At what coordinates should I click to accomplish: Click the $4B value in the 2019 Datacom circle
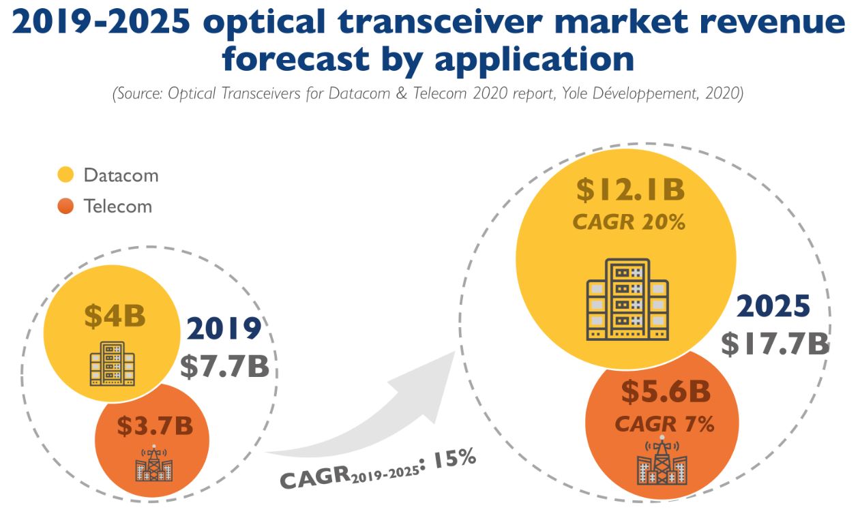115,316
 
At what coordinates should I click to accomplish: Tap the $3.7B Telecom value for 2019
155,426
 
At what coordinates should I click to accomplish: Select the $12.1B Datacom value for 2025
629,190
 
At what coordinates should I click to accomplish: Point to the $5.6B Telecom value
665,392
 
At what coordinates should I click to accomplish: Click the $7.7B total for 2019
225,366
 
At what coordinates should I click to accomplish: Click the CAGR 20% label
629,222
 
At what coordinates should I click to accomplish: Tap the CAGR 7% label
664,424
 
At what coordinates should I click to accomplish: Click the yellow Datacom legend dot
65,175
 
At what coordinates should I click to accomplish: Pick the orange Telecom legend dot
65,206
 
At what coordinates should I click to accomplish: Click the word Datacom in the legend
121,175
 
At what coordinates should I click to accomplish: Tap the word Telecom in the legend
118,206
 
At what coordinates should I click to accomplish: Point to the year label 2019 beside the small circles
224,329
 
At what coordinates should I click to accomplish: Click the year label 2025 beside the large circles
773,307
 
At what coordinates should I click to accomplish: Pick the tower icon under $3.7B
154,464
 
